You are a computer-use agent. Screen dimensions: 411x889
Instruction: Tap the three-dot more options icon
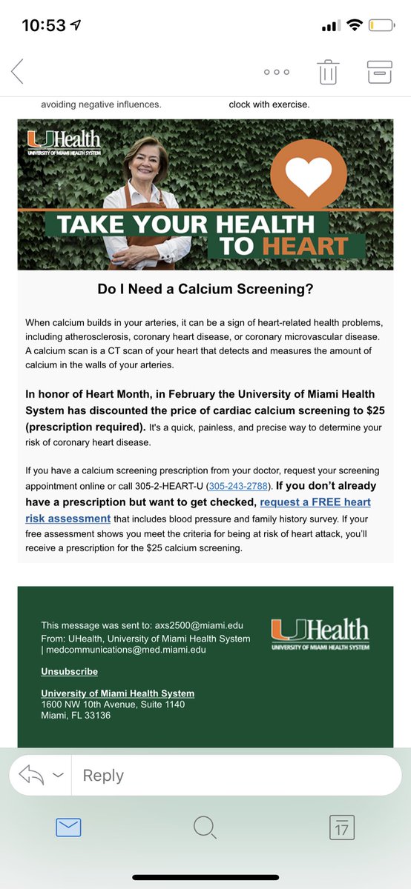277,72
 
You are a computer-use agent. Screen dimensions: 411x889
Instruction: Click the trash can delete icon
328,72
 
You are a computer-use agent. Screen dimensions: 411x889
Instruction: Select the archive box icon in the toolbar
379,72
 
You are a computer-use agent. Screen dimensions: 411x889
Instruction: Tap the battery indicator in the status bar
381,25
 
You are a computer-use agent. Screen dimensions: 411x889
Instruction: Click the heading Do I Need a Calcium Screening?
205,290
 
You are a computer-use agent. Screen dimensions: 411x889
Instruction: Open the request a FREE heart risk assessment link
316,502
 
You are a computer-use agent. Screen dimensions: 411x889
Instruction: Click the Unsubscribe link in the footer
69,671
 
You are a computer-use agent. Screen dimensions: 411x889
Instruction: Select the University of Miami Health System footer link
117,693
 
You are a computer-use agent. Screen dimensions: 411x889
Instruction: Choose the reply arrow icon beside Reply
31,775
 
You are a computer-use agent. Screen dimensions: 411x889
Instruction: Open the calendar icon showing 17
342,827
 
